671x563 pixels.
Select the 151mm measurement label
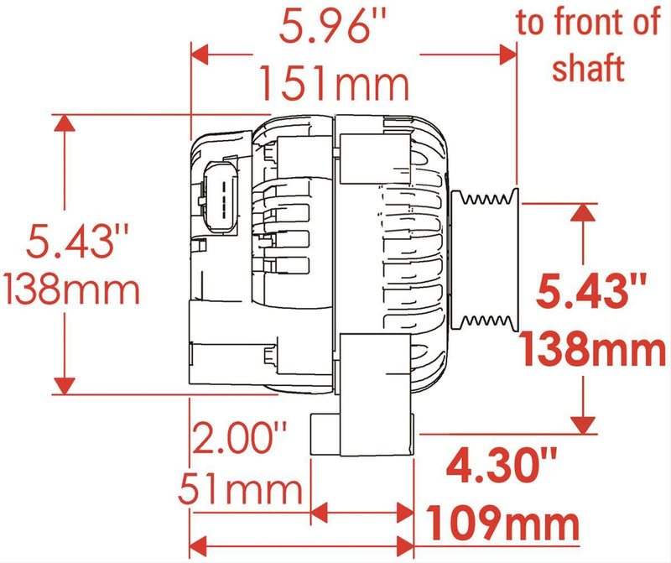pos(333,83)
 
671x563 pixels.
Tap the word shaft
pos(588,69)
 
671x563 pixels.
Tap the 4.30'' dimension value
pos(502,463)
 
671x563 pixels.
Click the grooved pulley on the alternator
pos(485,260)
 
